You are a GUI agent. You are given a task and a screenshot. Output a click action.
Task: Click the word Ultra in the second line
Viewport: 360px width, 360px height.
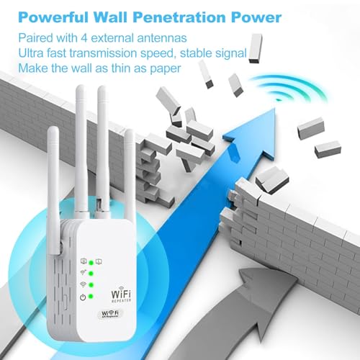tap(33, 53)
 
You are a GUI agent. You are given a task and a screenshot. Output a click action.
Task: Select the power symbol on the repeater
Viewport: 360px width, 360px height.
tap(84, 295)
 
